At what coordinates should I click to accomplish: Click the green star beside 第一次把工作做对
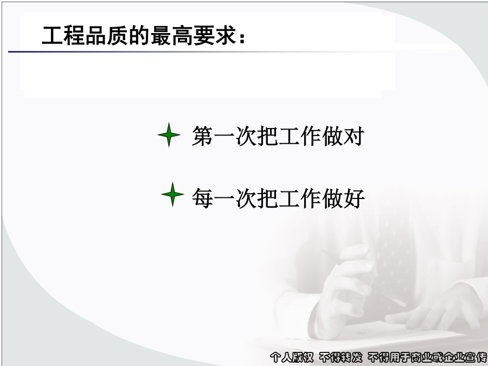click(169, 135)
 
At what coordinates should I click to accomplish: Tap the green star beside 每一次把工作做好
click(173, 194)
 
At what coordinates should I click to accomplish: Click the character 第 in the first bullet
click(203, 136)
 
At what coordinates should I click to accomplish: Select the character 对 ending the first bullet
click(354, 136)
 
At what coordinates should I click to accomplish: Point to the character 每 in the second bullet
click(203, 198)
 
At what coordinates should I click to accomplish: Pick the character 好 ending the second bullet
click(354, 198)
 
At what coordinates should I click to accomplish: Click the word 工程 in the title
click(63, 35)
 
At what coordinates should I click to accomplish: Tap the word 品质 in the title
click(106, 35)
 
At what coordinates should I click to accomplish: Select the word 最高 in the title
click(171, 35)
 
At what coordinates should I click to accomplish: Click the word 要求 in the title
click(215, 35)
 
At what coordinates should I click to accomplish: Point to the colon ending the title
click(242, 38)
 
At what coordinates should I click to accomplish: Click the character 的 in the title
click(139, 35)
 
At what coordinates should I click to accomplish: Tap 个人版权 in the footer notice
click(292, 357)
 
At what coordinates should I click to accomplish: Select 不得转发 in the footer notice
click(341, 357)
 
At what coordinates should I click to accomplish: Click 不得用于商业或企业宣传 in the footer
click(427, 357)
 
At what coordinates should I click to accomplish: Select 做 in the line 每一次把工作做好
click(332, 198)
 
